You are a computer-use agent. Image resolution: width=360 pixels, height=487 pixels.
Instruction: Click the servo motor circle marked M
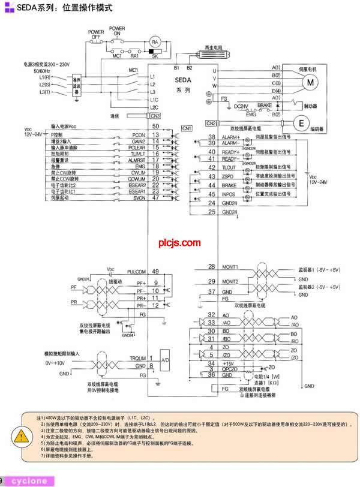(x=311, y=83)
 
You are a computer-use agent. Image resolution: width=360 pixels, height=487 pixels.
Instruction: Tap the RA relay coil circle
(x=154, y=41)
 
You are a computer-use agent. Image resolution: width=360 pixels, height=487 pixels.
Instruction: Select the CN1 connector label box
(x=187, y=128)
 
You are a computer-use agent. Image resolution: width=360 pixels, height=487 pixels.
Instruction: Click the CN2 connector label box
(x=211, y=123)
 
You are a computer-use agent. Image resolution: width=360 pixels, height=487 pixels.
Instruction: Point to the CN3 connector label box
(x=155, y=116)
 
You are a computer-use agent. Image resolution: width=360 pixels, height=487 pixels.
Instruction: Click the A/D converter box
(x=166, y=361)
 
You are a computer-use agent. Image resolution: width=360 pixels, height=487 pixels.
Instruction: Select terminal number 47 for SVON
(x=155, y=197)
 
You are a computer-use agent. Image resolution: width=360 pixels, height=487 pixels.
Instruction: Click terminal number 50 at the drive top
(x=155, y=127)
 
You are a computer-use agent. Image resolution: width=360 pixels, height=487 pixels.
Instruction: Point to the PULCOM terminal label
(x=137, y=272)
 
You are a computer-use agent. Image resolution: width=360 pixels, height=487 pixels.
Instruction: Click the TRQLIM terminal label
(x=135, y=358)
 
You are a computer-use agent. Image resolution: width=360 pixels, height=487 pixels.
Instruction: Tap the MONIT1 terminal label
(x=230, y=266)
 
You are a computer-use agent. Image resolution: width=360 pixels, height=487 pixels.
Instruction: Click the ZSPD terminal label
(x=227, y=177)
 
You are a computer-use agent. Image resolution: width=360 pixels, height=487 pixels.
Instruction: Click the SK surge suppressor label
(x=154, y=56)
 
